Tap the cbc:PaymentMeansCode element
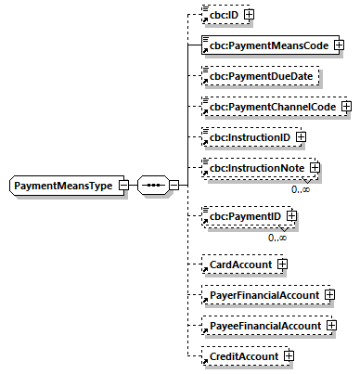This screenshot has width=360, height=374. (267, 44)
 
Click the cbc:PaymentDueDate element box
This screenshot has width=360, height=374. (261, 75)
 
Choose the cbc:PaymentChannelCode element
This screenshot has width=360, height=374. (271, 107)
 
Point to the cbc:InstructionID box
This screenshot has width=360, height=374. (247, 138)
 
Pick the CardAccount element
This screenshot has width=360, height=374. (238, 264)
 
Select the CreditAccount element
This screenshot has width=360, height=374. (242, 355)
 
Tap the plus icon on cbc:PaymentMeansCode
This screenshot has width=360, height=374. (339, 44)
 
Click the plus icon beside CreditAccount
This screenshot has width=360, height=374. (289, 355)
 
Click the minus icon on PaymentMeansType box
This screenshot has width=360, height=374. (123, 187)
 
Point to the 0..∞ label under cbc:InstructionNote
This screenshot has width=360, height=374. (301, 188)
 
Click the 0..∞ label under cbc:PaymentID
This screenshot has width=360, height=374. (277, 238)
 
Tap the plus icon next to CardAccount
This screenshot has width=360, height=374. (282, 264)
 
